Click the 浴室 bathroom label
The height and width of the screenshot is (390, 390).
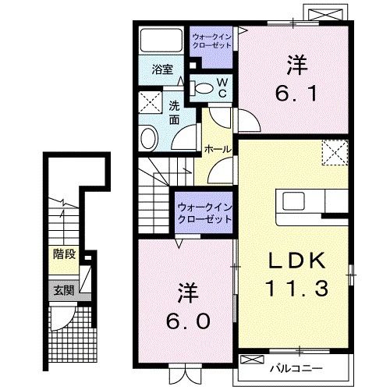162,69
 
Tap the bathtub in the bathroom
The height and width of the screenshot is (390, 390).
161,40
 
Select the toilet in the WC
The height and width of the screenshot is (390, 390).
200,88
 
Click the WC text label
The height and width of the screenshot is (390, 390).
222,88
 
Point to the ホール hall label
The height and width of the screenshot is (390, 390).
218,149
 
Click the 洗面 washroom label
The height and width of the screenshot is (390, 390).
174,112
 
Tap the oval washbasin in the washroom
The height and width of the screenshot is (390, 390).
149,138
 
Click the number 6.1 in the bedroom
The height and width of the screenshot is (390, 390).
296,93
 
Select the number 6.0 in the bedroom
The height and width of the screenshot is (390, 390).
188,321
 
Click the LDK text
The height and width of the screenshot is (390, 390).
297,261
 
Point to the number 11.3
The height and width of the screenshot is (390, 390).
296,288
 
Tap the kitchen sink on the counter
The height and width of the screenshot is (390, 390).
293,200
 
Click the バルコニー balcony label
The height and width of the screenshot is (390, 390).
296,368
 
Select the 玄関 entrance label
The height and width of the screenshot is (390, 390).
64,290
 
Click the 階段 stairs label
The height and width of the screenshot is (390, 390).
64,254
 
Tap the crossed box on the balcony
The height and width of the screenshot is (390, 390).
252,360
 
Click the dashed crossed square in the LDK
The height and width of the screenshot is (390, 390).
335,152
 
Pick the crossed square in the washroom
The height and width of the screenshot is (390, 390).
151,102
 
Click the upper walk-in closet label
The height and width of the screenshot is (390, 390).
211,41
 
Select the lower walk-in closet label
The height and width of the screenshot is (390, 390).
204,214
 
